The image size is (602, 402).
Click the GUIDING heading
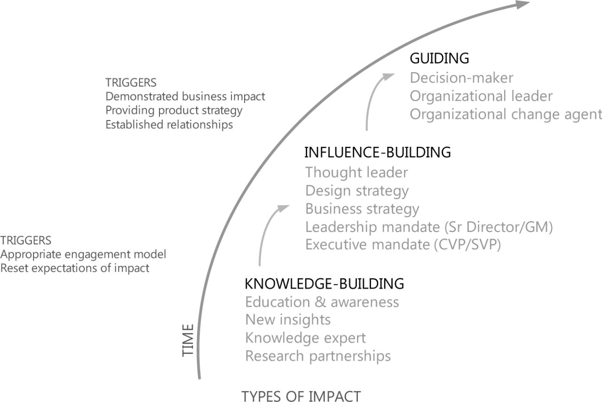(x=439, y=58)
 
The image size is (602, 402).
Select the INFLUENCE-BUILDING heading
(x=378, y=153)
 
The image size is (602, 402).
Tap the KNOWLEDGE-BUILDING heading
(x=325, y=283)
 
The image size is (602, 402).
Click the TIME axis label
(x=188, y=340)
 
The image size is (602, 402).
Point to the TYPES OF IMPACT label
(x=301, y=396)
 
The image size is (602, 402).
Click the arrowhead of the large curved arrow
(x=522, y=4)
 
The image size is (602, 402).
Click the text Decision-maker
(x=461, y=78)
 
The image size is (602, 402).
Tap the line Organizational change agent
(x=506, y=114)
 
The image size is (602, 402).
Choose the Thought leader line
(x=356, y=172)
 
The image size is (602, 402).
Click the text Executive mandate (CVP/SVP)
(x=403, y=245)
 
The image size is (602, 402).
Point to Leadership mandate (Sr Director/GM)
(x=429, y=227)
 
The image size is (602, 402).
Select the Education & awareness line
(x=322, y=302)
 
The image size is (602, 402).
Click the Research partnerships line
(x=318, y=356)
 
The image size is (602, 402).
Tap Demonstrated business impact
(x=185, y=96)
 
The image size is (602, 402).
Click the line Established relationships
(x=169, y=125)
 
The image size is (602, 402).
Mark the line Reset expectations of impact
(x=75, y=268)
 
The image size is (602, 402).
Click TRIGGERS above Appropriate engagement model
(x=26, y=240)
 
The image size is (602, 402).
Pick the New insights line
(x=288, y=320)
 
